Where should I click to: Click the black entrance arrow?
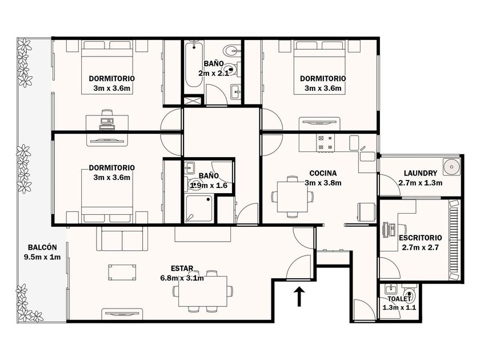point(299,297)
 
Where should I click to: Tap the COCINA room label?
point(323,173)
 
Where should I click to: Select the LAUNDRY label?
point(421,173)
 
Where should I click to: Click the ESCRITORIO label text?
point(421,238)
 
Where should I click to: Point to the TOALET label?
point(399,299)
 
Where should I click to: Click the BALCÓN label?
point(42,247)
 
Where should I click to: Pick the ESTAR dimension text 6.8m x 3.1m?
point(182,278)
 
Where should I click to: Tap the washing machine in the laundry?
point(451,167)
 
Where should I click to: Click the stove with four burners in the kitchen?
point(325,143)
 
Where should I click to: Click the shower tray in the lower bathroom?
point(199,208)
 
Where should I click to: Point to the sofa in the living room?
point(122,238)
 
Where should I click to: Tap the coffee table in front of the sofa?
point(122,273)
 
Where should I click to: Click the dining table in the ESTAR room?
point(203,291)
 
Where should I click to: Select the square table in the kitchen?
point(293,197)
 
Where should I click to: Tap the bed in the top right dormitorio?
point(319,67)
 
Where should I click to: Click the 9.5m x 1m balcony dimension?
point(42,257)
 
